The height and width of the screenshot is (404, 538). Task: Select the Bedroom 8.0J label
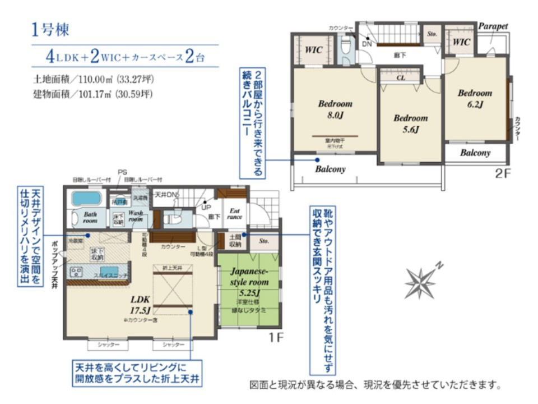click(335, 109)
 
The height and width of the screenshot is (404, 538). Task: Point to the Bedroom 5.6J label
click(410, 123)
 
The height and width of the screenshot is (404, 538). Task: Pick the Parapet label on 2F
click(493, 26)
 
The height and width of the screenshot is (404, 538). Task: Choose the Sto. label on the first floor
click(265, 241)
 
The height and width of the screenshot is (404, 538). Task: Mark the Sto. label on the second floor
click(432, 34)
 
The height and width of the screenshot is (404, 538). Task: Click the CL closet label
click(401, 78)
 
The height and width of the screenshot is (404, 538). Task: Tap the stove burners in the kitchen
click(76, 273)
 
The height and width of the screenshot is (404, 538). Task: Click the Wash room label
click(136, 217)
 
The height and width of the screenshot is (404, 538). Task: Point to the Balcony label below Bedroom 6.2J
click(475, 153)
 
